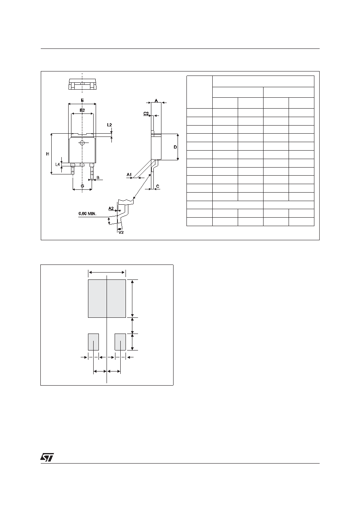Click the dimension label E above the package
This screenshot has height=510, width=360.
point(82,100)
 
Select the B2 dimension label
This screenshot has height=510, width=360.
point(82,110)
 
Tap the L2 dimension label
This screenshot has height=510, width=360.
point(109,125)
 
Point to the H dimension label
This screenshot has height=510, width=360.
point(48,154)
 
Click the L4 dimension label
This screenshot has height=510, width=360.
point(58,164)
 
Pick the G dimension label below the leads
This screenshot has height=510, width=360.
point(82,186)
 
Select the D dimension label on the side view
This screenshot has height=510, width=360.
point(175,147)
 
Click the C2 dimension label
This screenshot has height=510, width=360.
point(146,113)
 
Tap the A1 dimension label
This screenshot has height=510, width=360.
point(129,174)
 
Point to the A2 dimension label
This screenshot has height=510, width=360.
point(111,208)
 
